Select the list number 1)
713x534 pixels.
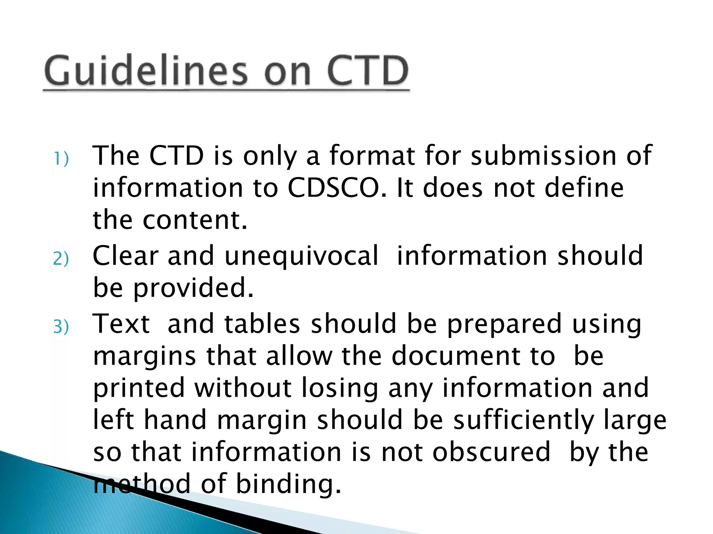pyautogui.click(x=61, y=159)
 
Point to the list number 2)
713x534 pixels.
pyautogui.click(x=61, y=259)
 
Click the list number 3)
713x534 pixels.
pyautogui.click(x=61, y=327)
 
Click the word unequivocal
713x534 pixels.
pyautogui.click(x=301, y=256)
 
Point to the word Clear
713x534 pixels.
pyautogui.click(x=125, y=256)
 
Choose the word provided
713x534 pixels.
pyautogui.click(x=193, y=289)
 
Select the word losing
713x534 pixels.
pyautogui.click(x=339, y=388)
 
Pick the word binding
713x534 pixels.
pyautogui.click(x=288, y=484)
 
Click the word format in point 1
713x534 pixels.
pyautogui.click(x=372, y=155)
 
